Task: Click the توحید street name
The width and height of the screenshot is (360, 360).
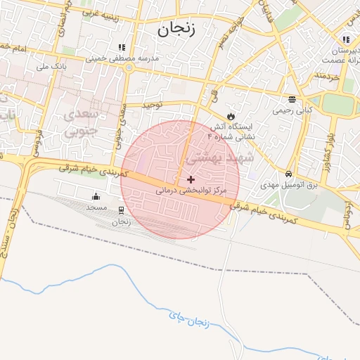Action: pos(153,105)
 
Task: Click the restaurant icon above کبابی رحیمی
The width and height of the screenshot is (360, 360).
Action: pos(292,99)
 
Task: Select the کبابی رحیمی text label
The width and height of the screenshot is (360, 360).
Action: pos(293,110)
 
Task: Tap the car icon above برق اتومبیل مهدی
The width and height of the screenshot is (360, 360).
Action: pos(288,174)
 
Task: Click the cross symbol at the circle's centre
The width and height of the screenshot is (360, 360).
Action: pos(191,179)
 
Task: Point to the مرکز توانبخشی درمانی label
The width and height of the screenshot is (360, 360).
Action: pos(191,191)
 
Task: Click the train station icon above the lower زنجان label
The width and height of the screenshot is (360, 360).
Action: pos(122,210)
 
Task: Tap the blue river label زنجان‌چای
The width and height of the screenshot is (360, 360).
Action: pos(190,320)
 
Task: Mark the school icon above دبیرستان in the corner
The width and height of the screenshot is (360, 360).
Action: pos(345,40)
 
